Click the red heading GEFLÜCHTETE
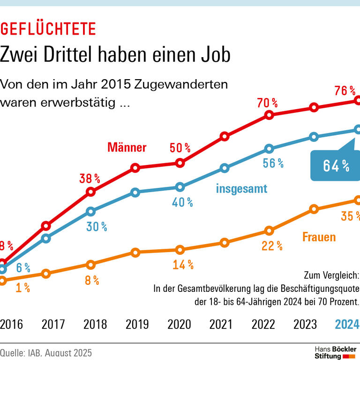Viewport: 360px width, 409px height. (48, 29)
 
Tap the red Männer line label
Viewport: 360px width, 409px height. (127, 148)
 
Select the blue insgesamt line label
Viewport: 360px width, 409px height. (241, 189)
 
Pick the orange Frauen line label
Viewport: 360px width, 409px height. (319, 237)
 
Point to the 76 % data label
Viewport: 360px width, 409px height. (345, 91)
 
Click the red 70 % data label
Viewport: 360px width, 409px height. (267, 103)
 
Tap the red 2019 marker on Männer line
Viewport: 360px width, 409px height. (135, 168)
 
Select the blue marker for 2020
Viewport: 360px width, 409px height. (180, 187)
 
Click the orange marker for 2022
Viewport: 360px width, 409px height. (269, 231)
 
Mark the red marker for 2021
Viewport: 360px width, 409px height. (225, 137)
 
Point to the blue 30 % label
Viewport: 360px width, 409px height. (97, 227)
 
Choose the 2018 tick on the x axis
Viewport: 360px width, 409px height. (95, 324)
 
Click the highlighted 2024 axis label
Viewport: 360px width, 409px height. (347, 324)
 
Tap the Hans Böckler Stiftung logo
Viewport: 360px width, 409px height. (335, 353)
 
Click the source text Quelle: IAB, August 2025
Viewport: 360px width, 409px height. (46, 353)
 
